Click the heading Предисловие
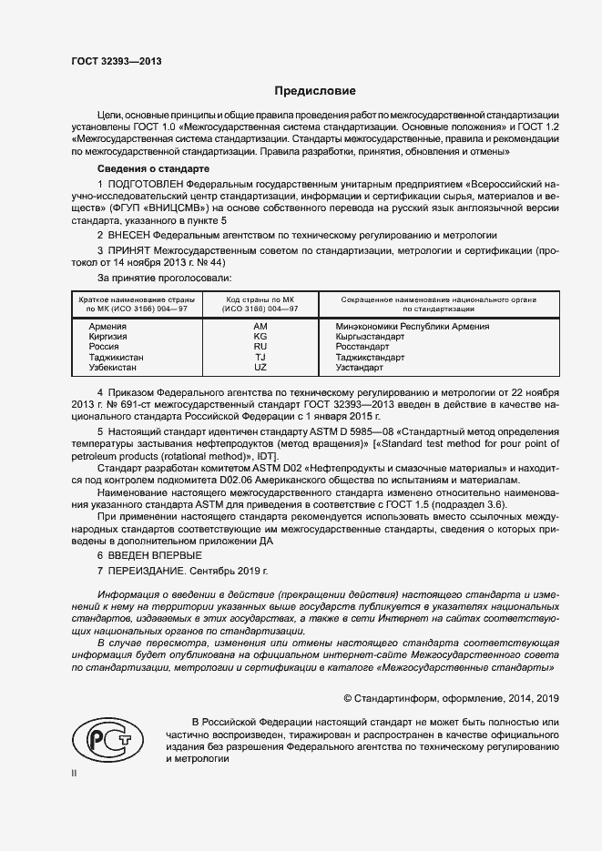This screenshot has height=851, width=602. [316, 91]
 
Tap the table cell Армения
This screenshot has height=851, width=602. [107, 326]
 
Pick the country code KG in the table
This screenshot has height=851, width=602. [260, 337]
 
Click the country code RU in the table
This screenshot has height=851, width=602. [260, 347]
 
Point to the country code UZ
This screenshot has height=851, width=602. [260, 368]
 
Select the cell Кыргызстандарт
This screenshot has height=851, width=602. [370, 337]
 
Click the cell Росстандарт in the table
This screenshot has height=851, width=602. [362, 347]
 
